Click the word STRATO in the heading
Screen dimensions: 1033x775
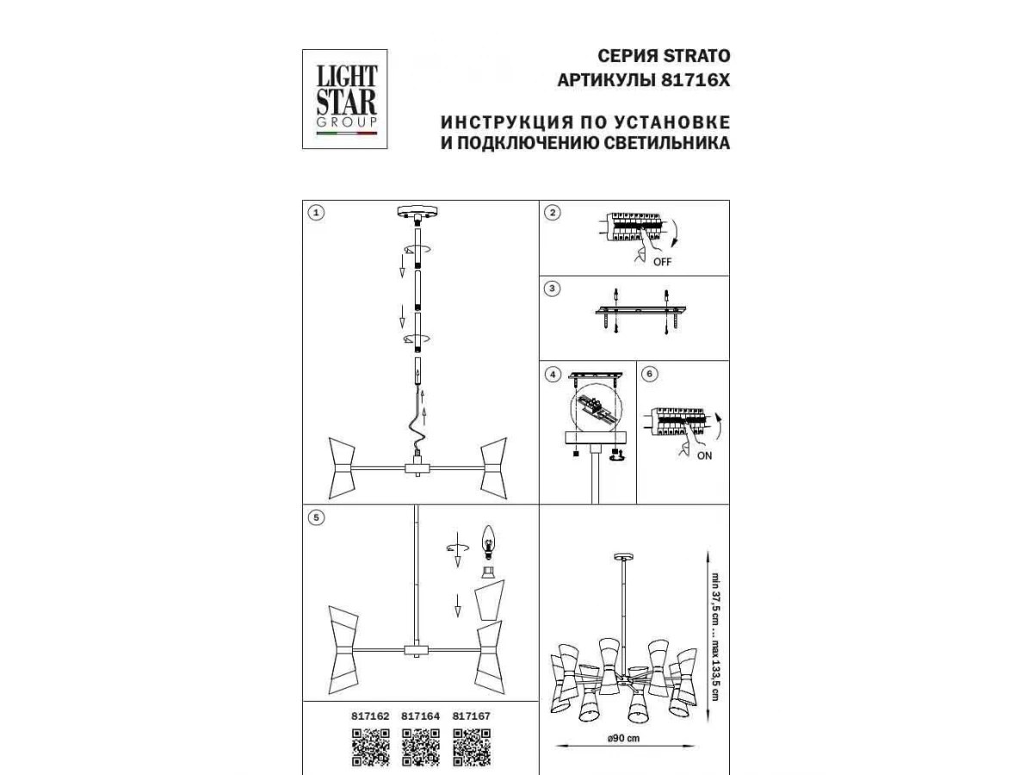tap(696, 56)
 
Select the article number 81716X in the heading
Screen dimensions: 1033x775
tap(696, 80)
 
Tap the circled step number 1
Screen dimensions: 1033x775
tap(316, 213)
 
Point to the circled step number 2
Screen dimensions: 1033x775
tap(553, 213)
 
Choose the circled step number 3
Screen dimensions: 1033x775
tap(553, 288)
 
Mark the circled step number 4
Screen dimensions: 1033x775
tap(553, 375)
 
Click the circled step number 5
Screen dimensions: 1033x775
tap(316, 518)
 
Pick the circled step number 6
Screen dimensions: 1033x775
tap(650, 374)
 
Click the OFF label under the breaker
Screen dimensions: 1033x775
tap(662, 262)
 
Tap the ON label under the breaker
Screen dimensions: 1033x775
tap(704, 456)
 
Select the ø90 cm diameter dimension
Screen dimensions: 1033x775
tap(623, 738)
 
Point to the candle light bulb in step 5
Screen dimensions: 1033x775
tap(489, 542)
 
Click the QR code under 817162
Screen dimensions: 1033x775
tap(371, 747)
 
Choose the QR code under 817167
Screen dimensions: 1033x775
tap(472, 747)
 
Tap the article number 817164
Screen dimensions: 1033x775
tap(420, 716)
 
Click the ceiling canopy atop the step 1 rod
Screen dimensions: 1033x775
tap(418, 212)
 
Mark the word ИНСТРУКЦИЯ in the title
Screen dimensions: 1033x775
tap(507, 122)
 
